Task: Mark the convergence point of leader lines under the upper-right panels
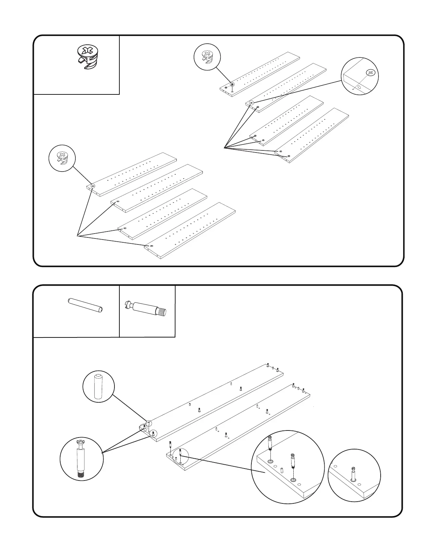click(x=224, y=148)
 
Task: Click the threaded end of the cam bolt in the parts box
click(x=162, y=312)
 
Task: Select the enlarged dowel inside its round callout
click(x=99, y=387)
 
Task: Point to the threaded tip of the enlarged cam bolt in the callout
click(x=82, y=475)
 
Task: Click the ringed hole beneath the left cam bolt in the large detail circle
click(x=270, y=461)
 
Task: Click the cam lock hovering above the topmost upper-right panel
click(x=232, y=85)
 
